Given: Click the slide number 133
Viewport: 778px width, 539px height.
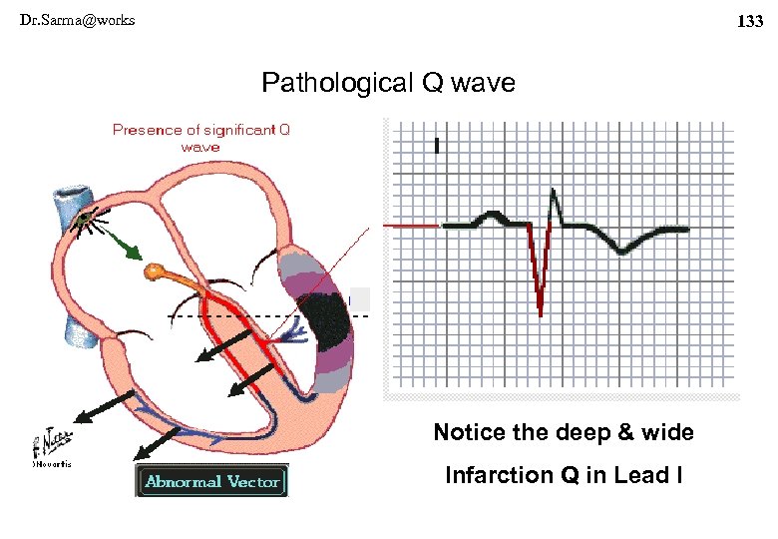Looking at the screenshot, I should [x=749, y=21].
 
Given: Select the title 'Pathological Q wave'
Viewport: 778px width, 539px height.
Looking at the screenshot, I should [x=388, y=83].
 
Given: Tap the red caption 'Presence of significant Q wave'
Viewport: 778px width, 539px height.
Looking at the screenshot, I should [x=201, y=138].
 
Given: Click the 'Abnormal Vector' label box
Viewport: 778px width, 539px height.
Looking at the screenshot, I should [x=212, y=482].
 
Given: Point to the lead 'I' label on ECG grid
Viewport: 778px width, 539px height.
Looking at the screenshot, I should [x=436, y=146].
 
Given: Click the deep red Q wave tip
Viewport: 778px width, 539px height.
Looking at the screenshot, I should [x=540, y=312].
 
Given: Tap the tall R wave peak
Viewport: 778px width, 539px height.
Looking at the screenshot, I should [x=554, y=196].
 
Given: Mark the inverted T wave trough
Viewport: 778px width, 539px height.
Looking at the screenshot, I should [x=622, y=251].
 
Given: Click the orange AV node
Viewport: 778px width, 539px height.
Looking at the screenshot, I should [x=154, y=269].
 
